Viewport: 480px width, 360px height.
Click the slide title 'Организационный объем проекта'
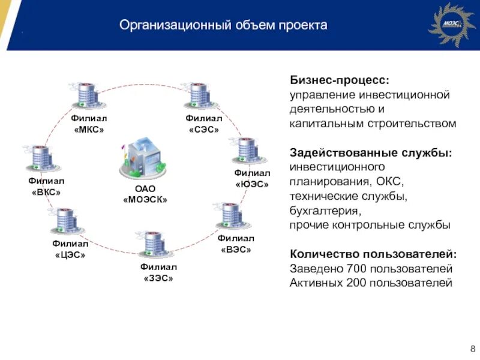click(x=223, y=25)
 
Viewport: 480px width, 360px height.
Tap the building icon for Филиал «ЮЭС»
click(x=246, y=150)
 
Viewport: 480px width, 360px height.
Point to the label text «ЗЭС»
click(x=158, y=278)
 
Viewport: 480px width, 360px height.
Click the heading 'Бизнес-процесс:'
click(x=339, y=80)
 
